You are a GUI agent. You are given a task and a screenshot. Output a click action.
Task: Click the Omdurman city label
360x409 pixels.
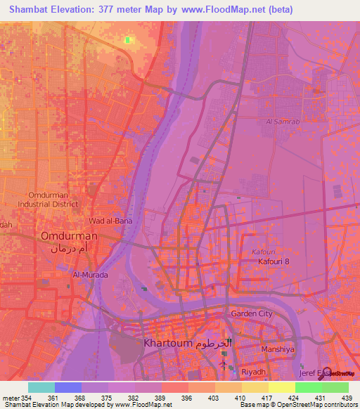68,237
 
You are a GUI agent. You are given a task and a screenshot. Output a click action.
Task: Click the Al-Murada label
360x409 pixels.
91,275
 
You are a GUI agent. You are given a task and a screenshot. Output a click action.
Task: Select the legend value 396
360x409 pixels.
186,398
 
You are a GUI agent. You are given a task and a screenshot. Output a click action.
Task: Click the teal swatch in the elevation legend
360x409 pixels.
41,387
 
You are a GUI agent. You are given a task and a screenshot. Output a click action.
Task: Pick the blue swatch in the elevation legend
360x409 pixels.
67,387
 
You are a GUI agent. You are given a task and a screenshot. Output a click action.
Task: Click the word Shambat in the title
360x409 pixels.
29,9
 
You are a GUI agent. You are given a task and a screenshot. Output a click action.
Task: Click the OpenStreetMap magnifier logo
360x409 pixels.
326,373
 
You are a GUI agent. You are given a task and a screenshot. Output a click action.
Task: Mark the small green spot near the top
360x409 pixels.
127,40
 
